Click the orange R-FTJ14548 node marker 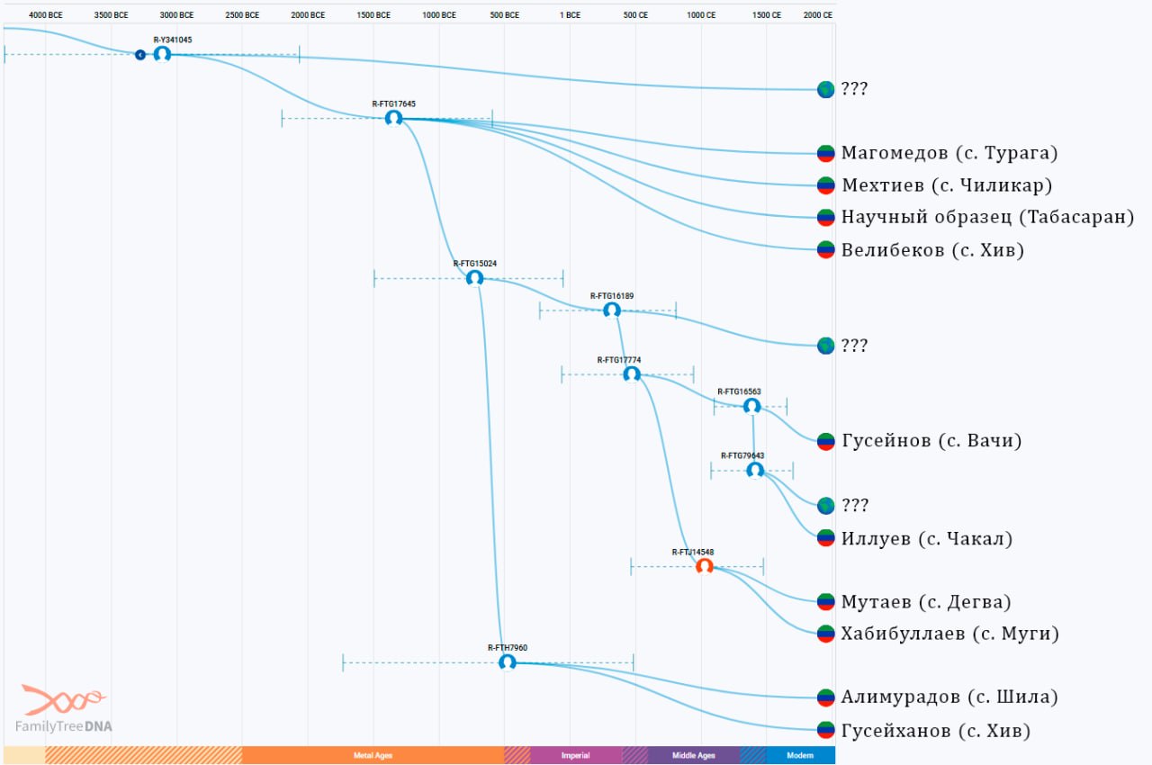(x=705, y=567)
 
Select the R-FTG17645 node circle (x=394, y=118)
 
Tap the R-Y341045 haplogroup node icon (x=163, y=54)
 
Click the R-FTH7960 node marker (x=508, y=662)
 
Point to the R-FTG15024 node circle (x=474, y=278)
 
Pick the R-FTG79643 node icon (x=755, y=470)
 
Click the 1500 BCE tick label (x=373, y=15)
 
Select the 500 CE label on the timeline (x=635, y=15)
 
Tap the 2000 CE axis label (x=818, y=15)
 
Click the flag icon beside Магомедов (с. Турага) (x=826, y=153)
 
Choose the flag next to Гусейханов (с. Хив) (x=826, y=730)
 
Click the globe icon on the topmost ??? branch (x=826, y=89)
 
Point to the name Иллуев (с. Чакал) (x=927, y=538)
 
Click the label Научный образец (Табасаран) (x=987, y=217)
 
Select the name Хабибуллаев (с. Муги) (x=949, y=634)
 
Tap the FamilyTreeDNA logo (x=64, y=709)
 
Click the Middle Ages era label (x=693, y=755)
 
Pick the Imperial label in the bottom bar (x=575, y=755)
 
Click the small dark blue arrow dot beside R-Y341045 (x=140, y=55)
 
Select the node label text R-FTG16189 (x=612, y=296)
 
